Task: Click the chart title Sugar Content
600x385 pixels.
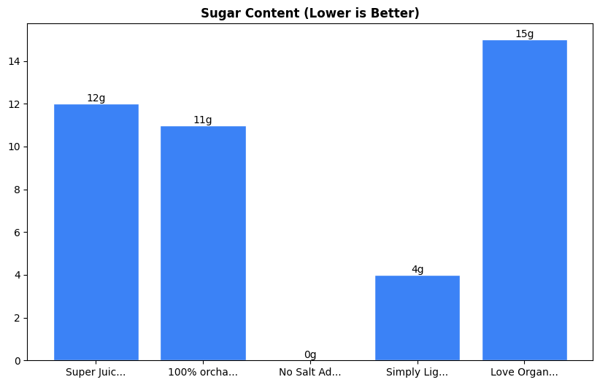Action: pyautogui.click(x=309, y=13)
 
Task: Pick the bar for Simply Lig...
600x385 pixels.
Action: pyautogui.click(x=417, y=318)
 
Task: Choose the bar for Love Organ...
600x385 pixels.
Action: pyautogui.click(x=524, y=200)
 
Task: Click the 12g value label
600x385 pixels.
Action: pyautogui.click(x=96, y=98)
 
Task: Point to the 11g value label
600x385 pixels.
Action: pyautogui.click(x=203, y=120)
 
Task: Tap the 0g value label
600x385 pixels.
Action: pyautogui.click(x=310, y=355)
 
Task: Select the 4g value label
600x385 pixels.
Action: pyautogui.click(x=417, y=270)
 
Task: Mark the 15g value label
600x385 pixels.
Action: pyautogui.click(x=524, y=34)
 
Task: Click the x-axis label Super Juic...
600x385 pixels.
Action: pyautogui.click(x=96, y=372)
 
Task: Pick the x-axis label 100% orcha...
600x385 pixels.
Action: pyautogui.click(x=203, y=372)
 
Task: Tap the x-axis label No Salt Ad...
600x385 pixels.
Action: pyautogui.click(x=310, y=372)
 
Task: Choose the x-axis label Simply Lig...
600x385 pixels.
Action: pyautogui.click(x=417, y=372)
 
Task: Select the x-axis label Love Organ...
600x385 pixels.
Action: pyautogui.click(x=524, y=372)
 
